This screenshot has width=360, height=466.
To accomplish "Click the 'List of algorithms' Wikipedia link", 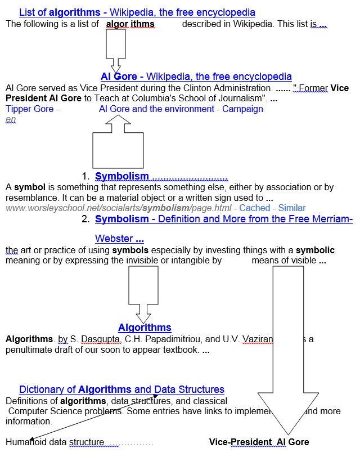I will [137, 12].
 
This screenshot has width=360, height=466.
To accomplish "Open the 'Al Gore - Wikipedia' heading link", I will [196, 77].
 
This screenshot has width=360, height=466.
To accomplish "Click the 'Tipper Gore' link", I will [30, 109].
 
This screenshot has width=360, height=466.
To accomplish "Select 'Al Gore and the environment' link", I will [156, 109].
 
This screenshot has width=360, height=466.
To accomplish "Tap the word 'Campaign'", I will [242, 109].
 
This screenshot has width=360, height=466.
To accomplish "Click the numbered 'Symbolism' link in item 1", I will [122, 177].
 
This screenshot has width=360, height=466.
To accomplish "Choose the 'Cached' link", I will [255, 208].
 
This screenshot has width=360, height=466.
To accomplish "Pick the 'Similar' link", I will [292, 208].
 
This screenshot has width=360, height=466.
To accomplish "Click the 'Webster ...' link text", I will [119, 239].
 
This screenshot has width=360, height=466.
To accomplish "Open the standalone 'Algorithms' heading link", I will [145, 328].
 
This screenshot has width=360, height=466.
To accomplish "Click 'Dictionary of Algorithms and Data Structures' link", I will [121, 389].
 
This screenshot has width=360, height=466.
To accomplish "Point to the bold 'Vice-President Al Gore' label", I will [259, 442].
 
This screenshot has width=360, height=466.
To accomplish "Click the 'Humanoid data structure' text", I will [55, 442].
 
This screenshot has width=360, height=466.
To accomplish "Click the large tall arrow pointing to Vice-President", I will [288, 349].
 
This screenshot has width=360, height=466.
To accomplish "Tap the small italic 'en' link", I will [11, 119].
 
